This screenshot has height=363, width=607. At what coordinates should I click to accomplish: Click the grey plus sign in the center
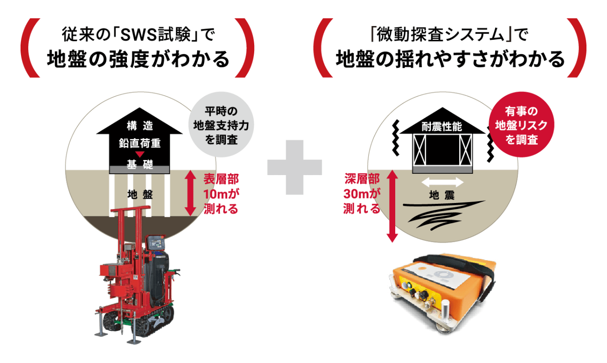click(x=294, y=167)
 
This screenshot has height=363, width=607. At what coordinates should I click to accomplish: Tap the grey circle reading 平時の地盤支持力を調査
click(x=221, y=125)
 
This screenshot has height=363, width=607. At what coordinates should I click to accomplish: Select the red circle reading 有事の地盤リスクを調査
click(x=521, y=125)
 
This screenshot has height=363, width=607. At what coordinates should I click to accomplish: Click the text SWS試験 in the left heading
click(x=155, y=35)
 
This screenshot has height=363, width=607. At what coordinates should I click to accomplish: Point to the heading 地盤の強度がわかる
click(x=138, y=59)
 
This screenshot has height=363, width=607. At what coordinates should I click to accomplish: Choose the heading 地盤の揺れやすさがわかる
click(x=450, y=59)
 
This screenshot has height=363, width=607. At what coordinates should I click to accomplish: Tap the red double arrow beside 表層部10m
click(x=190, y=193)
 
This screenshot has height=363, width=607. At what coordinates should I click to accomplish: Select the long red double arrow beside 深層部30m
click(x=392, y=206)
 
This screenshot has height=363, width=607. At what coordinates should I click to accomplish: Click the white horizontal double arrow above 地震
click(x=443, y=182)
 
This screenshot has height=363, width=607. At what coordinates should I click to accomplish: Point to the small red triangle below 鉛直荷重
click(x=140, y=155)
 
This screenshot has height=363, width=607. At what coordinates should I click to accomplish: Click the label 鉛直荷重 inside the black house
click(x=140, y=143)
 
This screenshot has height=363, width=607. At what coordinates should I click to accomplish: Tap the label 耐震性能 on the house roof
click(x=442, y=127)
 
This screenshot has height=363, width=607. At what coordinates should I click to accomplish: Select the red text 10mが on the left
click(x=221, y=194)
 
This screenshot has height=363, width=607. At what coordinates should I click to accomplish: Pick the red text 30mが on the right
click(x=362, y=194)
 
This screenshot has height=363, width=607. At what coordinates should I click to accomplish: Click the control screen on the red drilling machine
click(x=155, y=243)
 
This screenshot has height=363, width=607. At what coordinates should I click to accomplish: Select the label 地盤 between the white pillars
click(x=141, y=195)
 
